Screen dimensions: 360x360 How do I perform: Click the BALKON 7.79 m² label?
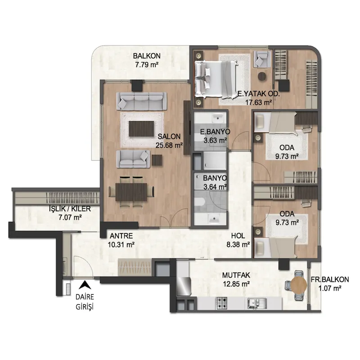147,60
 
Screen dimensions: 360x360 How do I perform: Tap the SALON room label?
169,137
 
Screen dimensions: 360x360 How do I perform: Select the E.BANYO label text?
215,132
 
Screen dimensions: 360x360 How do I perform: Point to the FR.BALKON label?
330,279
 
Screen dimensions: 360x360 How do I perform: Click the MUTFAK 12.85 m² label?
236,279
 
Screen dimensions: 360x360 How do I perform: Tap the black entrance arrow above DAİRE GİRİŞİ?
85,285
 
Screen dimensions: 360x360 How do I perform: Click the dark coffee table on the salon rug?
141,129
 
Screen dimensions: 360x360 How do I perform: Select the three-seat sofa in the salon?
142,101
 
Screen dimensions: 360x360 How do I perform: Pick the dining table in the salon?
131,192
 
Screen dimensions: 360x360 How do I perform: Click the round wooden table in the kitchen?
299,285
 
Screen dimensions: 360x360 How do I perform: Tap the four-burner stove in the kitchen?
221,303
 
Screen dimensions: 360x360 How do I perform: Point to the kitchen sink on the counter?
257,303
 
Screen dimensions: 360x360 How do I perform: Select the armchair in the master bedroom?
262,59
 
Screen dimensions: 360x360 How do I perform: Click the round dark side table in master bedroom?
262,76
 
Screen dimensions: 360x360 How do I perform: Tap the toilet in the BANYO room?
199,202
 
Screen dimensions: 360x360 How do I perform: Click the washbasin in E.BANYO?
217,118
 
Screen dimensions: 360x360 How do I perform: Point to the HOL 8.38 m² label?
238,240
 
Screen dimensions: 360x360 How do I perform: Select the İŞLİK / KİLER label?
70,209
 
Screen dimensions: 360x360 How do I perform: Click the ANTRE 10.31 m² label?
121,240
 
